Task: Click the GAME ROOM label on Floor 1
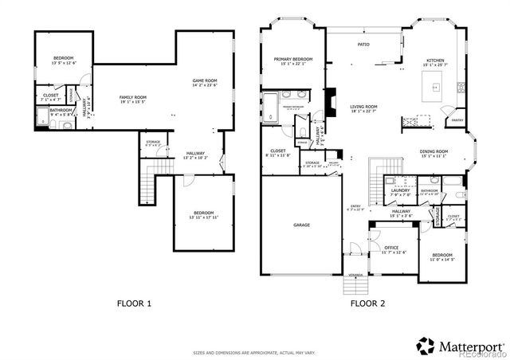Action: coord(205,80)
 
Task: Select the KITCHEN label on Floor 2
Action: coord(435,61)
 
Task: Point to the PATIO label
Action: coord(363,45)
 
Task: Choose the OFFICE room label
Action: coord(391,248)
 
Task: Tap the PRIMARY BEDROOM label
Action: coord(292,59)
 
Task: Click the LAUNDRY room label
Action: coord(401,190)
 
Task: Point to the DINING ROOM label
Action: coord(434,151)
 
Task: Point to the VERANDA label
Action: coord(355,276)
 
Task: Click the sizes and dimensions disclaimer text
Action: coord(255,352)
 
